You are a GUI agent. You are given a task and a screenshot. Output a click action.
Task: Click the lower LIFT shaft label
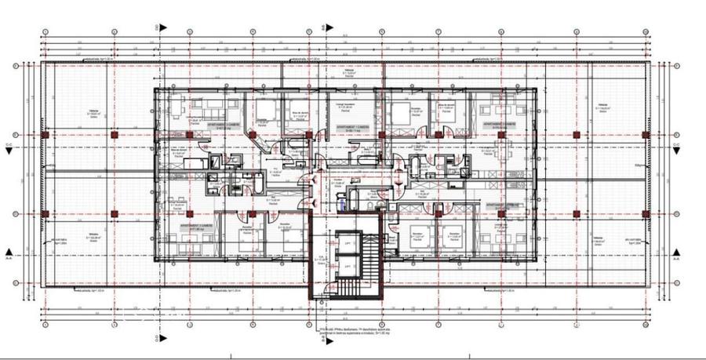[345, 267]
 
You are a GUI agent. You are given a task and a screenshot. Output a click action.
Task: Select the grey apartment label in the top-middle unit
[353, 125]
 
